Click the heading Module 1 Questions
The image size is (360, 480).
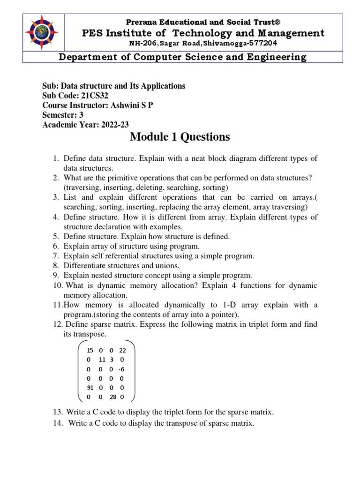(180, 137)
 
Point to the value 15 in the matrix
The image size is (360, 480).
(90, 350)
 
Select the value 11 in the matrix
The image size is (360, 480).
(102, 360)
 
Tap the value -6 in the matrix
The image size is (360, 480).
(121, 369)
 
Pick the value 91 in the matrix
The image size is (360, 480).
(90, 388)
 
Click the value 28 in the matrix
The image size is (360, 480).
(113, 397)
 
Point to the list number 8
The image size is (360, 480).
(55, 266)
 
